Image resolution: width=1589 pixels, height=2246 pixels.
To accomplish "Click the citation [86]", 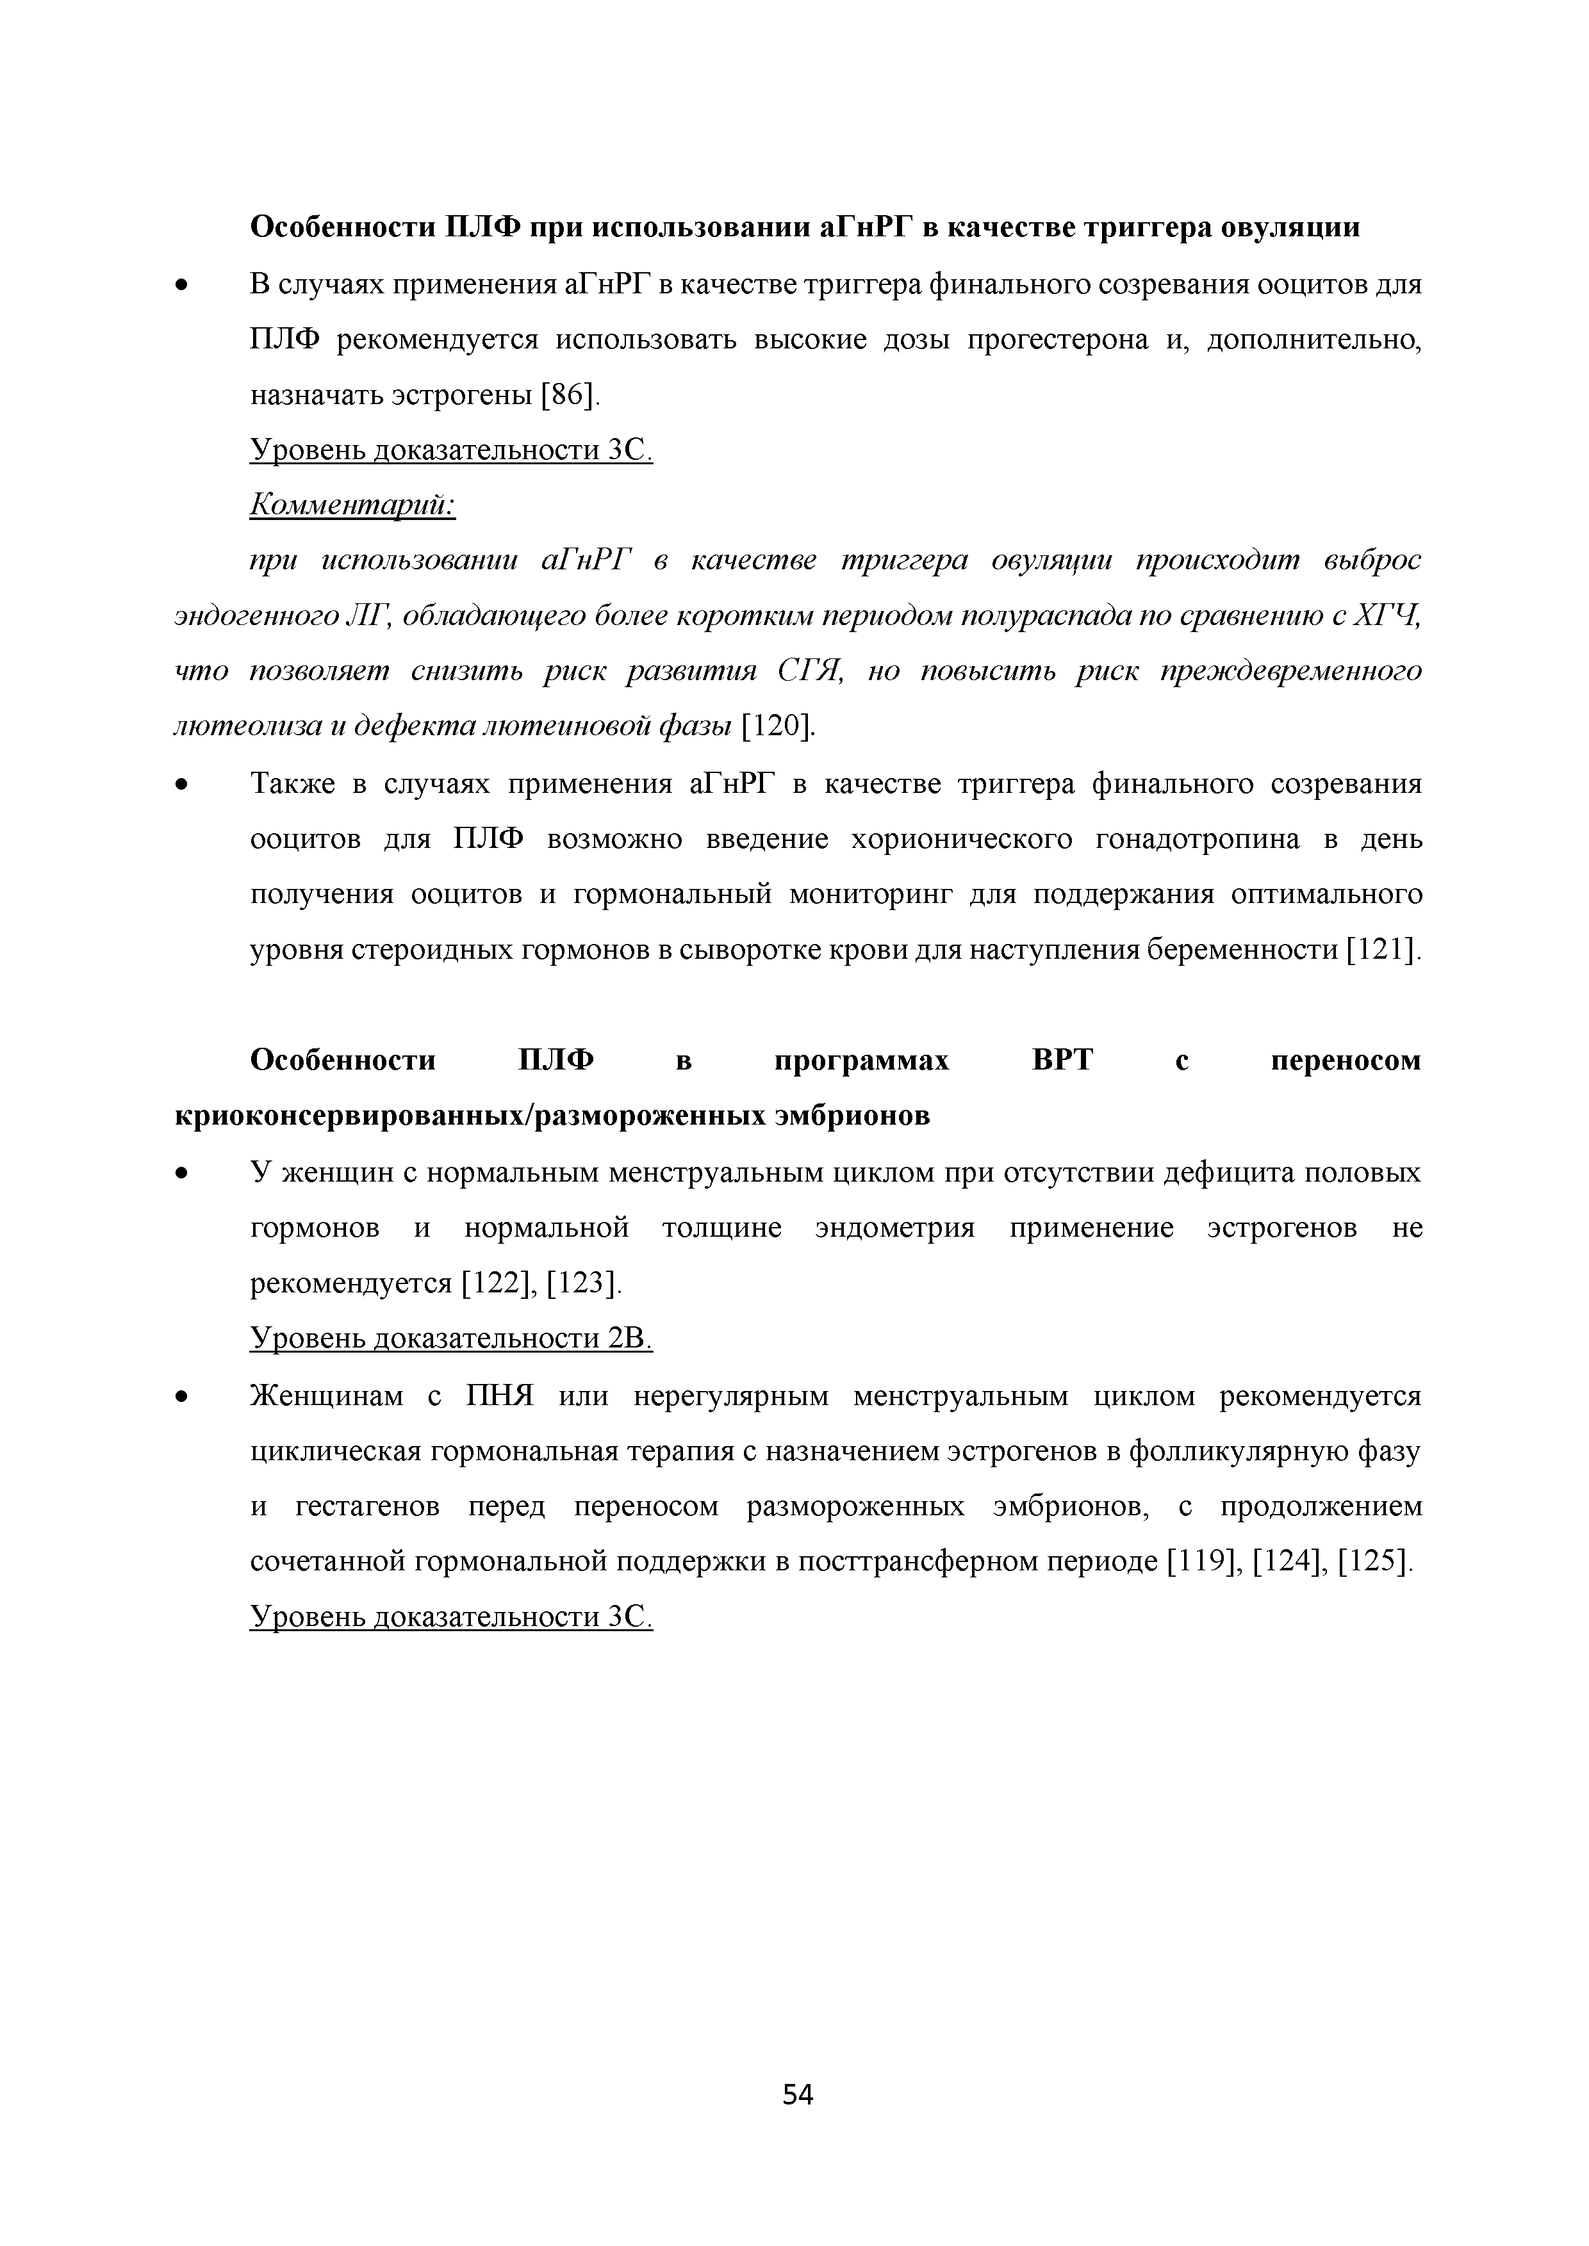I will point(568,395).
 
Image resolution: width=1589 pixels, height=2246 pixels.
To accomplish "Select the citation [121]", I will point(1381,950).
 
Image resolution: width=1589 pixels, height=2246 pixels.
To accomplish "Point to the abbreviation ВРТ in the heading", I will point(1062,1061).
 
